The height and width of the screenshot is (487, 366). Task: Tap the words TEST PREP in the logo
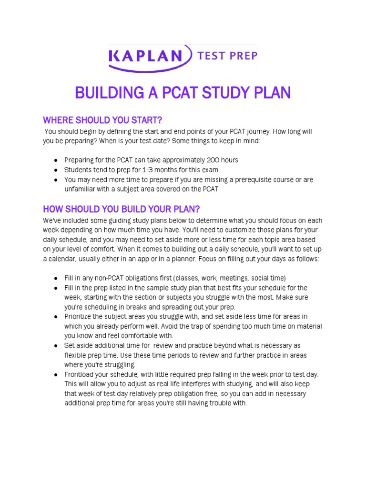pyautogui.click(x=227, y=56)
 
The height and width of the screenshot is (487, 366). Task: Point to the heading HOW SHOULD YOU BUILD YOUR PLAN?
pyautogui.click(x=122, y=209)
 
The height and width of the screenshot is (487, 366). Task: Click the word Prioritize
pyautogui.click(x=80, y=316)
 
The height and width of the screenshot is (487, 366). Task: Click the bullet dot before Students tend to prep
pyautogui.click(x=55, y=170)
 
